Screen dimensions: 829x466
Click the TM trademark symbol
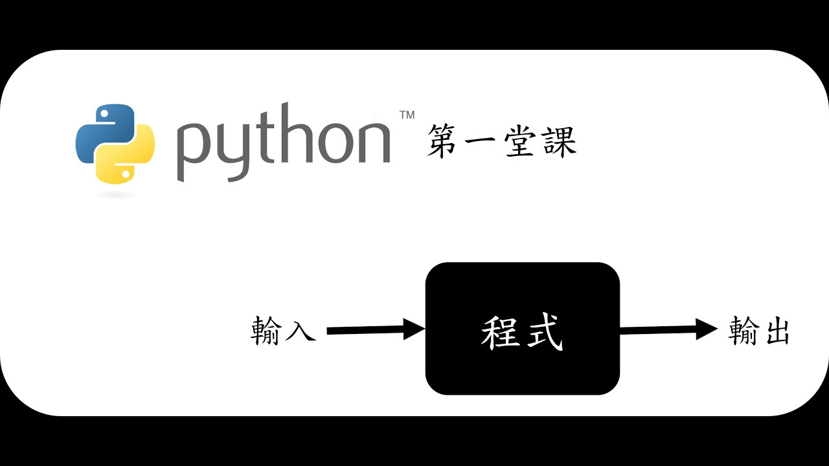click(x=407, y=115)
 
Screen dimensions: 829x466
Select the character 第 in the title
click(x=444, y=142)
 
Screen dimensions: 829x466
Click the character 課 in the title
click(x=557, y=142)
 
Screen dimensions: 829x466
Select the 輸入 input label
click(x=283, y=330)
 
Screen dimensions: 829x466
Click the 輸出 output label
click(x=758, y=330)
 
